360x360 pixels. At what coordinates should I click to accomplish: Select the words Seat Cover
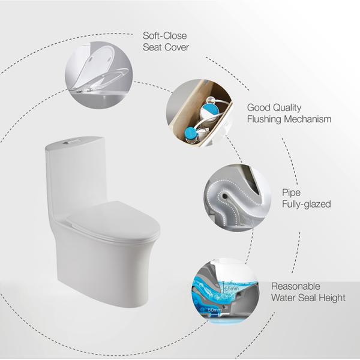(x=165, y=48)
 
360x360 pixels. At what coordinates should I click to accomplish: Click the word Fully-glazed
(x=306, y=205)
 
